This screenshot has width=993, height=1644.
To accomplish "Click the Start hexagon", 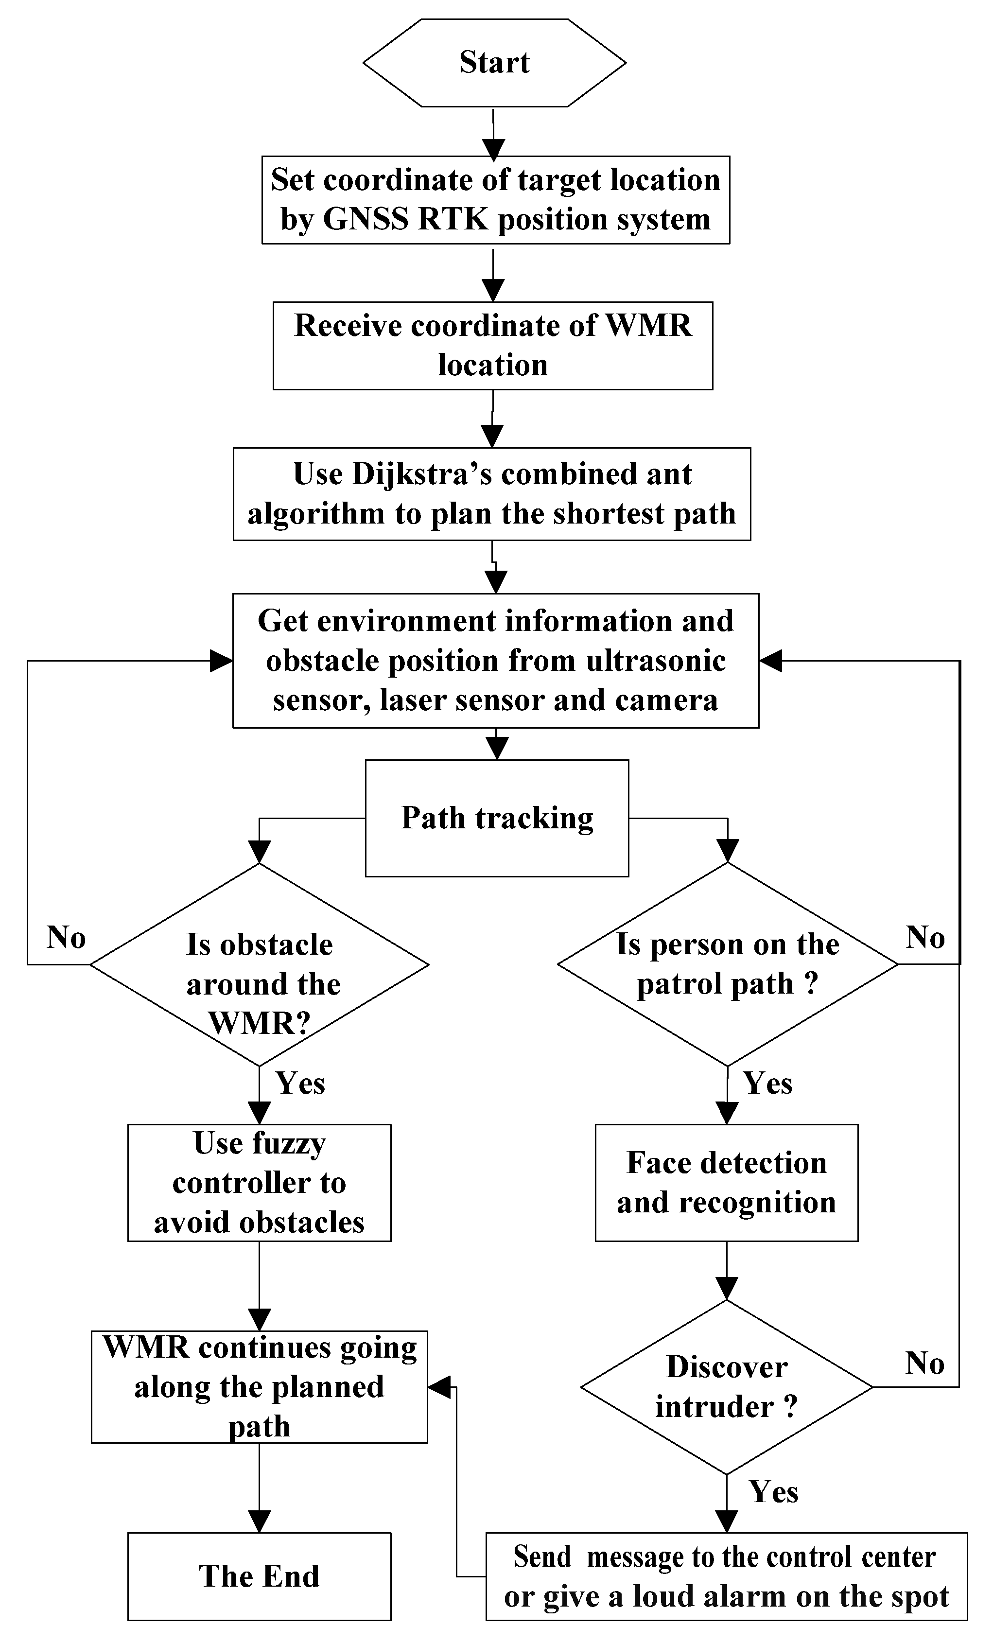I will click(494, 63).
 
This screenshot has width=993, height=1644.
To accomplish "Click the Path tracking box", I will click(497, 818).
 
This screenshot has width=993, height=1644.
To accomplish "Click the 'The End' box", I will click(259, 1576).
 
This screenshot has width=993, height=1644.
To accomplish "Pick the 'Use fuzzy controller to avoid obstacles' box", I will click(259, 1183).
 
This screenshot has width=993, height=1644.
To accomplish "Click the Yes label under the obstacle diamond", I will click(300, 1083).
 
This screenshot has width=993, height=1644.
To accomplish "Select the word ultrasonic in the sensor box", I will click(655, 661).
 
